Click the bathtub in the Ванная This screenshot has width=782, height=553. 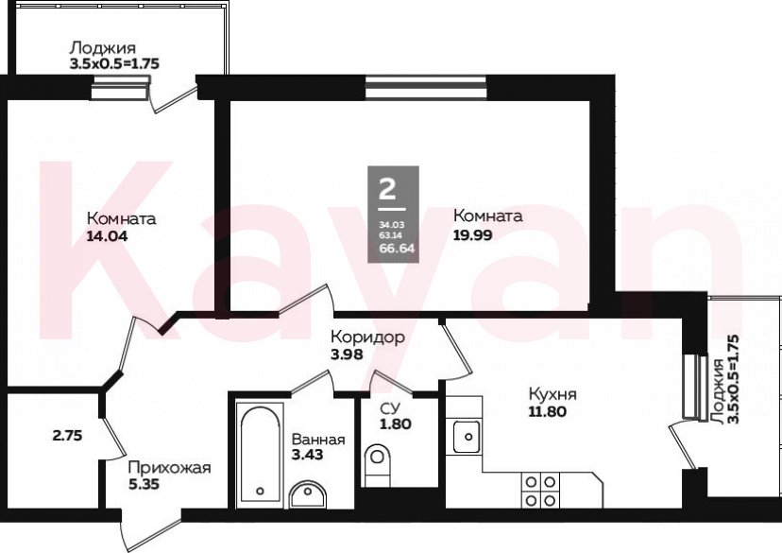260,454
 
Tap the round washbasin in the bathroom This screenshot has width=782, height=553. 307,494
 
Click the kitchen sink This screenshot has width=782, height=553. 467,437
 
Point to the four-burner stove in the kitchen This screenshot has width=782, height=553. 540,491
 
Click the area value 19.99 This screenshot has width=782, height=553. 473,234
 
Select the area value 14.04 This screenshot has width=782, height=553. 108,235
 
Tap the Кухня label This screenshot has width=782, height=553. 552,394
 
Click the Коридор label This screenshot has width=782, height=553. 367,337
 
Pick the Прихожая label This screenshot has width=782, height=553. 170,468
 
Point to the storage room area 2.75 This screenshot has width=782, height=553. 67,436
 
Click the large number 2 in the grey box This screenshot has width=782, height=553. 387,189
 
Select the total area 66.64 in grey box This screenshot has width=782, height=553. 398,248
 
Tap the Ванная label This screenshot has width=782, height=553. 318,440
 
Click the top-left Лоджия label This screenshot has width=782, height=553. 102,48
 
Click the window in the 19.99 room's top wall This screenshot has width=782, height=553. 426,87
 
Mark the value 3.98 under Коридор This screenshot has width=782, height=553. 347,354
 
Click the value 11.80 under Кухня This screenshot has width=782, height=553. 547,412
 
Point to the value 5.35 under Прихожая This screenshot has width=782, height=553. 144,484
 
